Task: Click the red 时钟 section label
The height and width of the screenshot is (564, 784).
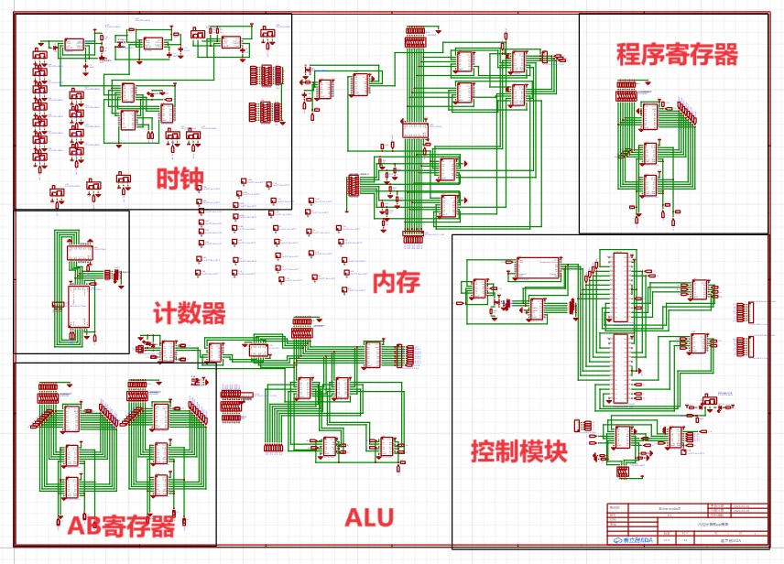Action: (179, 178)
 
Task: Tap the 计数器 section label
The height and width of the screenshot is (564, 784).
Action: (189, 314)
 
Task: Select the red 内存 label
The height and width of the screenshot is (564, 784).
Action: (396, 281)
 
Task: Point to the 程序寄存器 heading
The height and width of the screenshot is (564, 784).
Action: (677, 54)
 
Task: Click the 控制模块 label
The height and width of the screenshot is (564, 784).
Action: (518, 450)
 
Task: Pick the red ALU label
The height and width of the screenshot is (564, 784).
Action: (369, 517)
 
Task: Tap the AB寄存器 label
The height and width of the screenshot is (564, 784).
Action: (120, 526)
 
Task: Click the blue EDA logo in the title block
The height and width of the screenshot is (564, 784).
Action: (627, 540)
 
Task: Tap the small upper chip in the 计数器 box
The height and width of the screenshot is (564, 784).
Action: (80, 253)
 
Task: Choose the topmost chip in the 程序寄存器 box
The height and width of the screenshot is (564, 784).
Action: (650, 116)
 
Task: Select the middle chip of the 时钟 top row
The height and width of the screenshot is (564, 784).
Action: (152, 42)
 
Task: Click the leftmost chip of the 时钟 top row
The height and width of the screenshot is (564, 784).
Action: (74, 44)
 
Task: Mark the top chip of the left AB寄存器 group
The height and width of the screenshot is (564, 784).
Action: (71, 418)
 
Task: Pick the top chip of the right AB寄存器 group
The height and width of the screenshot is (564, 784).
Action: (159, 417)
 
